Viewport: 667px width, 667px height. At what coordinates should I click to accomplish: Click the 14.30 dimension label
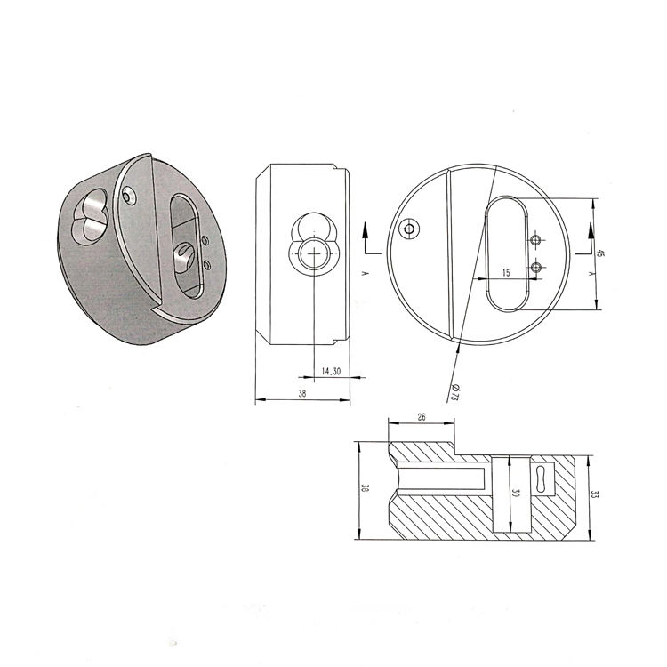331,372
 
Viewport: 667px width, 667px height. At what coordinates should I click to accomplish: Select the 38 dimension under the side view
302,393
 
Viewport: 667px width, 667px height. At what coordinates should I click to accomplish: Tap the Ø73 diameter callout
454,392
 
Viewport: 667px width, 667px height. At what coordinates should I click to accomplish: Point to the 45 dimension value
600,253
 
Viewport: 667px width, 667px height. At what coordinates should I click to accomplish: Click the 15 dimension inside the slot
506,273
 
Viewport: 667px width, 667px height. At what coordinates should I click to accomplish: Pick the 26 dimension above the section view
422,417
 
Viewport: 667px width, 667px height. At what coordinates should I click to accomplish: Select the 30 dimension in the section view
516,494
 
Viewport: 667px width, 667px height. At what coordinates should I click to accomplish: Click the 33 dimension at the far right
595,494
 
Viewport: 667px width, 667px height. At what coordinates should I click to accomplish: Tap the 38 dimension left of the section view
365,488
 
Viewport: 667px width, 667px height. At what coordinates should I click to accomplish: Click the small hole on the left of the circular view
409,229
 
